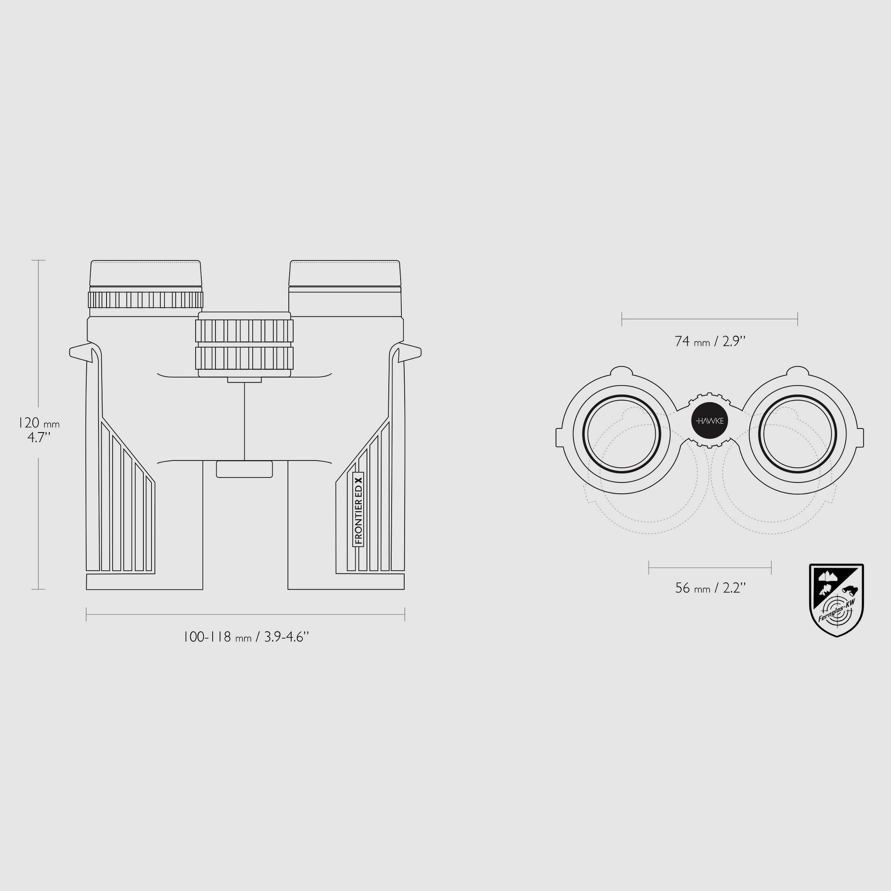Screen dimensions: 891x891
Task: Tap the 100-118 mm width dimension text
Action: (246, 637)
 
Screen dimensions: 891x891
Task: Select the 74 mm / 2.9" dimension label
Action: (710, 341)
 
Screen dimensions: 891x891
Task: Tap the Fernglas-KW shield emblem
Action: (837, 600)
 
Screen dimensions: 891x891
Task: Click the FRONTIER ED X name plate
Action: (358, 509)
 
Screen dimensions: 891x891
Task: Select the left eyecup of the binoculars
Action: (146, 273)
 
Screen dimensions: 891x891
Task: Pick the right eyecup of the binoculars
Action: (345, 273)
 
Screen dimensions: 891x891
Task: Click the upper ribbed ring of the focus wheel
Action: (245, 330)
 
